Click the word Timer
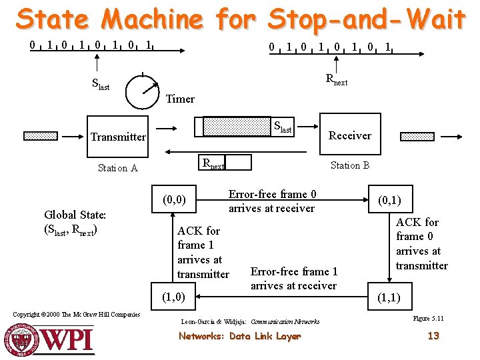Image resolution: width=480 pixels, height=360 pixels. (180, 99)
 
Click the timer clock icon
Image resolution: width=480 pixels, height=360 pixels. (143, 91)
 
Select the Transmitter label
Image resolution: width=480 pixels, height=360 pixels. (118, 137)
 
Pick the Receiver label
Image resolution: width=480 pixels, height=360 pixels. (350, 135)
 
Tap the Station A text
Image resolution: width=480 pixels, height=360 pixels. (117, 168)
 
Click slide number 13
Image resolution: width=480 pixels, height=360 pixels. (433, 336)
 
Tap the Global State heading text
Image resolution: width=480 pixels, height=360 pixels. (75, 215)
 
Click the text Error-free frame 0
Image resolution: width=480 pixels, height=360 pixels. (272, 194)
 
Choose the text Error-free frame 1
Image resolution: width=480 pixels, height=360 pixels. (293, 271)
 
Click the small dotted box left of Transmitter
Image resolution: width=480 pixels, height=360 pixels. (41, 136)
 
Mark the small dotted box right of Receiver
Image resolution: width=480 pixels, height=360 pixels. (417, 136)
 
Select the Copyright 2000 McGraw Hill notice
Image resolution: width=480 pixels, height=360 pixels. (77, 315)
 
